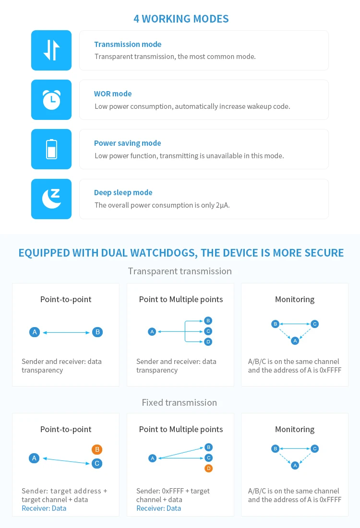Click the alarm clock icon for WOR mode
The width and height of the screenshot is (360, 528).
(x=51, y=99)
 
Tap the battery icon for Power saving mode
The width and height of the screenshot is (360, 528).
(x=51, y=149)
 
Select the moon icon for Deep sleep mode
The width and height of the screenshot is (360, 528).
(x=51, y=199)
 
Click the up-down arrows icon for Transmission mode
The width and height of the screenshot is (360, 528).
(x=51, y=50)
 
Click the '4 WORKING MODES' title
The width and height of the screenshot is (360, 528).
(x=181, y=19)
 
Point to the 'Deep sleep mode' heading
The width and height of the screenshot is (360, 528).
(x=123, y=192)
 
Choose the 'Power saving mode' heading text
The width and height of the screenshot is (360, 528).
(x=127, y=143)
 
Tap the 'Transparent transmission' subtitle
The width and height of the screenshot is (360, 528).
(x=180, y=271)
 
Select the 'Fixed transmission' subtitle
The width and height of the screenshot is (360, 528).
(x=179, y=402)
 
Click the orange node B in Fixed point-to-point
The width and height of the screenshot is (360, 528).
(x=97, y=449)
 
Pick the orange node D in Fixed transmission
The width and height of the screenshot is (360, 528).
(x=208, y=468)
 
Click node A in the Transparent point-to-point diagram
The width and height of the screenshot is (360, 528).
(x=34, y=332)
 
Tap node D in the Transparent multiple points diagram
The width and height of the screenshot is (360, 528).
(x=208, y=341)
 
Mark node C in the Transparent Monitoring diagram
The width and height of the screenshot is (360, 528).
(x=314, y=324)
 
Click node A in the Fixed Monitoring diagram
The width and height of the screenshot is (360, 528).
(x=295, y=465)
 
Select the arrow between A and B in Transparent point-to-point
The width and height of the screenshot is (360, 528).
(x=66, y=332)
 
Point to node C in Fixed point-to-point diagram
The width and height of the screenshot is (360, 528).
(x=97, y=463)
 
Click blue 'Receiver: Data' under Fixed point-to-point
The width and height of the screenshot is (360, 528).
(x=44, y=508)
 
